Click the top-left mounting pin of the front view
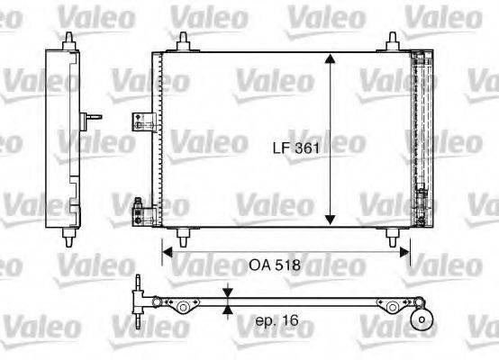click(x=184, y=40)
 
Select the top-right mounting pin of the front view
click(x=394, y=40)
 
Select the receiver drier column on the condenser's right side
click(x=419, y=135)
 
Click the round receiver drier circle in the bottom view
click(x=419, y=319)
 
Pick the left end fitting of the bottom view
click(x=138, y=297)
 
